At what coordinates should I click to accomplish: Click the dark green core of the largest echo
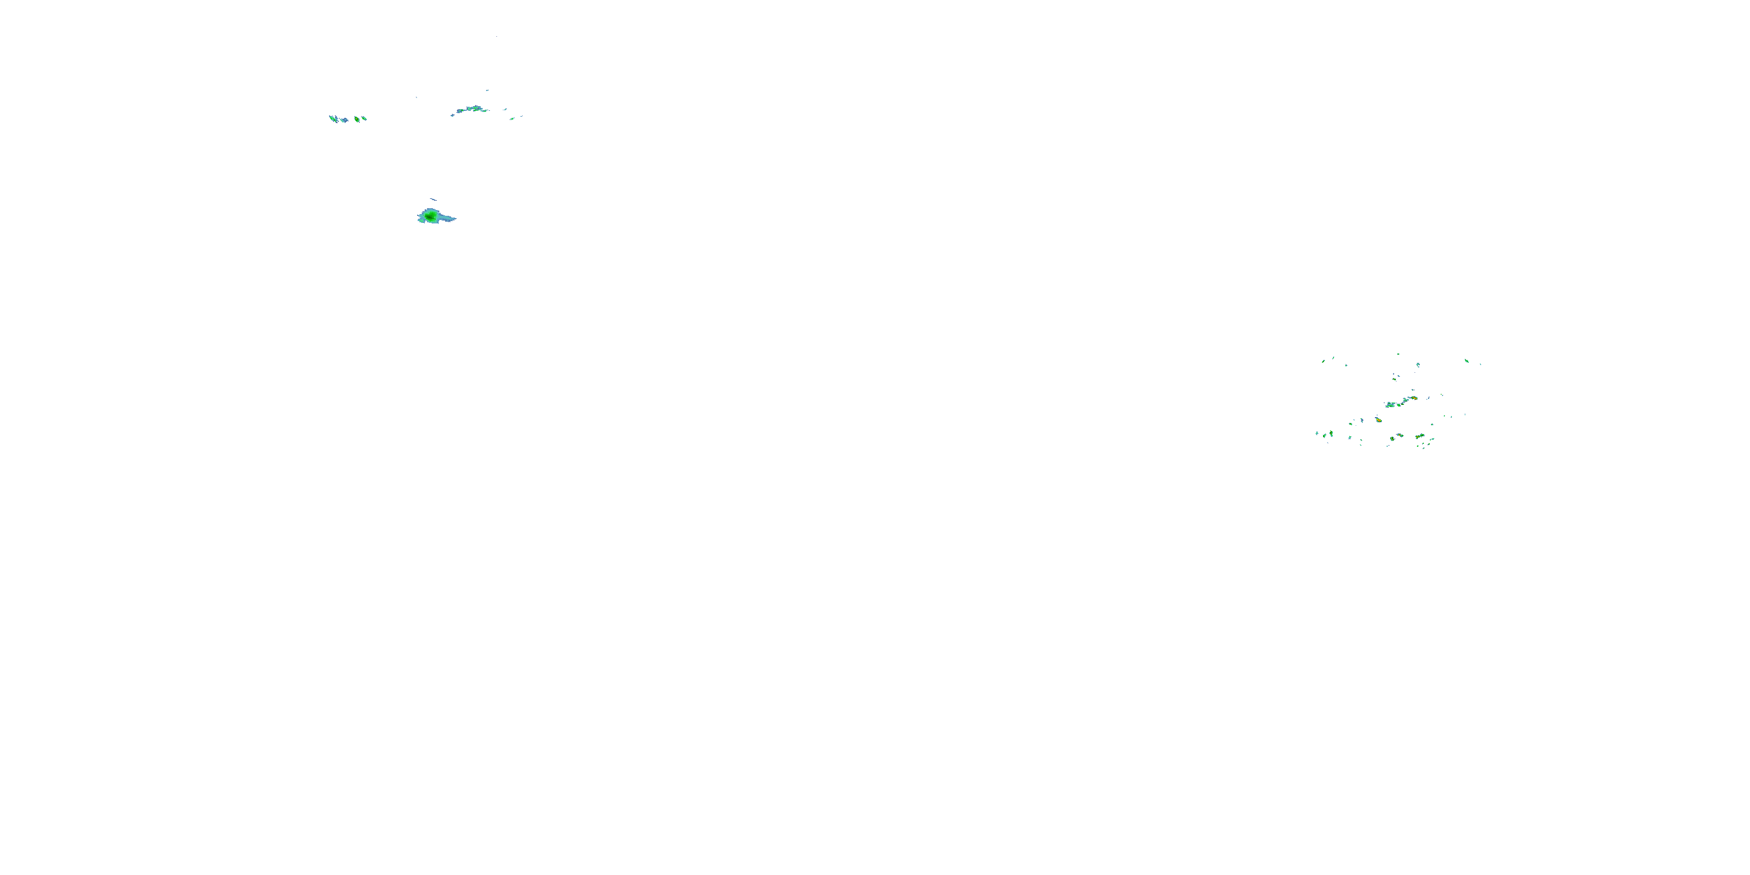(x=429, y=216)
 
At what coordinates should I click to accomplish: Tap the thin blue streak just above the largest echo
(x=433, y=199)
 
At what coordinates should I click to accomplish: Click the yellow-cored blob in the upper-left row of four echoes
(x=356, y=119)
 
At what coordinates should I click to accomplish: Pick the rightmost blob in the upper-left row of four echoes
(x=365, y=118)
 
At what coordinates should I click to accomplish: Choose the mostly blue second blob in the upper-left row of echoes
(x=344, y=120)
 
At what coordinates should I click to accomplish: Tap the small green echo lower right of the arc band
(x=513, y=118)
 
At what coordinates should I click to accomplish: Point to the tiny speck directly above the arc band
(x=487, y=90)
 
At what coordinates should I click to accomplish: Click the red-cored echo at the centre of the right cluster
(x=1414, y=398)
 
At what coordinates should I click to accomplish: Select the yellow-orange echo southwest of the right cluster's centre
(x=1378, y=420)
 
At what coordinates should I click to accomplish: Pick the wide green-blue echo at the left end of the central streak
(x=1391, y=405)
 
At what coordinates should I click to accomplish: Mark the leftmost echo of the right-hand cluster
(x=1317, y=433)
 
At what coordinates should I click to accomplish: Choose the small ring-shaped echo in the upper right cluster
(x=1418, y=365)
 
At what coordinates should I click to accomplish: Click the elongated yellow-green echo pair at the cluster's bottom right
(x=1419, y=436)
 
